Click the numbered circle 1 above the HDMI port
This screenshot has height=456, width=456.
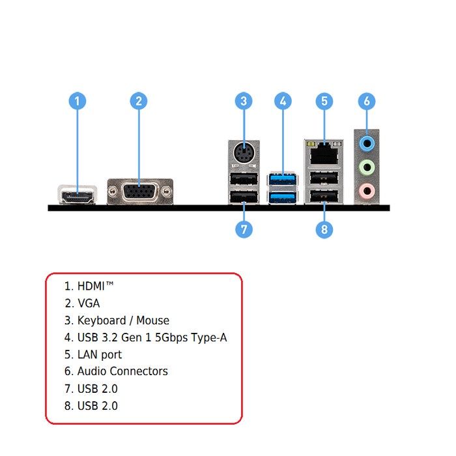pos(78,101)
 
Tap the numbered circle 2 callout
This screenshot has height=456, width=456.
pos(138,101)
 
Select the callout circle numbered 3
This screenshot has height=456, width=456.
pos(244,101)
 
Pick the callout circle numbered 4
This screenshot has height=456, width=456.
pos(283,101)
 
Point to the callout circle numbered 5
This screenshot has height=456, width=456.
pos(325,101)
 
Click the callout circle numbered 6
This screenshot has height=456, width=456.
pos(367,101)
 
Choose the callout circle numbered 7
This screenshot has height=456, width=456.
pos(244,229)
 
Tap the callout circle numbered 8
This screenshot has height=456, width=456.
pos(325,229)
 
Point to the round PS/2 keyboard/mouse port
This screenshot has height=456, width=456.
pos(244,154)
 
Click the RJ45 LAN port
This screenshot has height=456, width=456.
pos(324,154)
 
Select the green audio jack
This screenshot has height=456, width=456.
pos(368,167)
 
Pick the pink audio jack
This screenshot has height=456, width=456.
pos(368,191)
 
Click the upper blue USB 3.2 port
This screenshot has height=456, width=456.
pos(282,178)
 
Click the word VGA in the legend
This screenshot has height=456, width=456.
pos(89,303)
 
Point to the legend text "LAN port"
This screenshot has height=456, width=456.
pos(100,354)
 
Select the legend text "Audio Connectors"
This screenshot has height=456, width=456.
pos(122,371)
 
